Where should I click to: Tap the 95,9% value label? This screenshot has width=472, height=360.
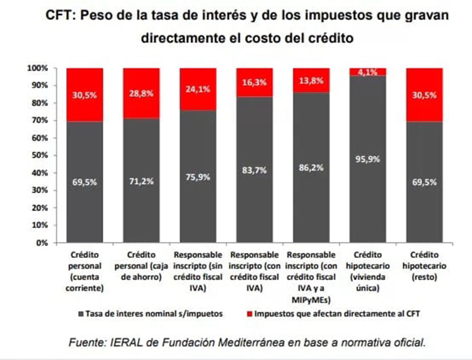368,159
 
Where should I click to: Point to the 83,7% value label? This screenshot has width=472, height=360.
255,171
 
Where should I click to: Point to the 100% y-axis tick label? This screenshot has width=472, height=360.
37,69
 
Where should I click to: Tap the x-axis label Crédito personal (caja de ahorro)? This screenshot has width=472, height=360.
141,266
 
